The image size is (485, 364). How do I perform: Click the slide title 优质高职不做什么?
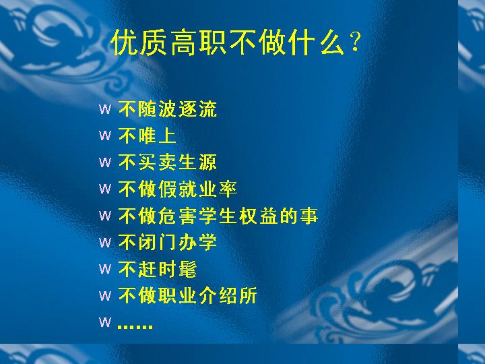236,42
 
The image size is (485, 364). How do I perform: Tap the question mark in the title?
355,42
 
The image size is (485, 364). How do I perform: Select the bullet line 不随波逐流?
168,109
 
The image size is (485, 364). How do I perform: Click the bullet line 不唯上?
148,135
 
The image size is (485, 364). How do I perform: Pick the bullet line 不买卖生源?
168,162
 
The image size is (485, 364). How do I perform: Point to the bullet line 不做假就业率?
178,189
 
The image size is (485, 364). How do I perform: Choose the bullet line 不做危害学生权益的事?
218,216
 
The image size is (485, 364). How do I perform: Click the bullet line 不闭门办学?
168,242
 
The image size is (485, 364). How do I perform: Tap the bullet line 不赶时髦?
158,269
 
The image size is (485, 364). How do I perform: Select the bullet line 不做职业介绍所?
188,296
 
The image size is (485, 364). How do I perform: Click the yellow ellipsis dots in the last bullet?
135,326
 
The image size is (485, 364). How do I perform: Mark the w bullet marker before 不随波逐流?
105,109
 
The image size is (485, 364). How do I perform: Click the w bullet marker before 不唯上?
105,135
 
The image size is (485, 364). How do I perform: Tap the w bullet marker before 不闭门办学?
105,243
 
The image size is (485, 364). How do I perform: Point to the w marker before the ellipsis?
105,322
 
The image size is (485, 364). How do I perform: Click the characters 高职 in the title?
198,42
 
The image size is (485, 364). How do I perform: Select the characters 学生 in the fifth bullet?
218,216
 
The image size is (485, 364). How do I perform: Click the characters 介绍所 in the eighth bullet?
228,296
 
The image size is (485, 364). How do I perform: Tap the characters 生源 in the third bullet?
197,162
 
